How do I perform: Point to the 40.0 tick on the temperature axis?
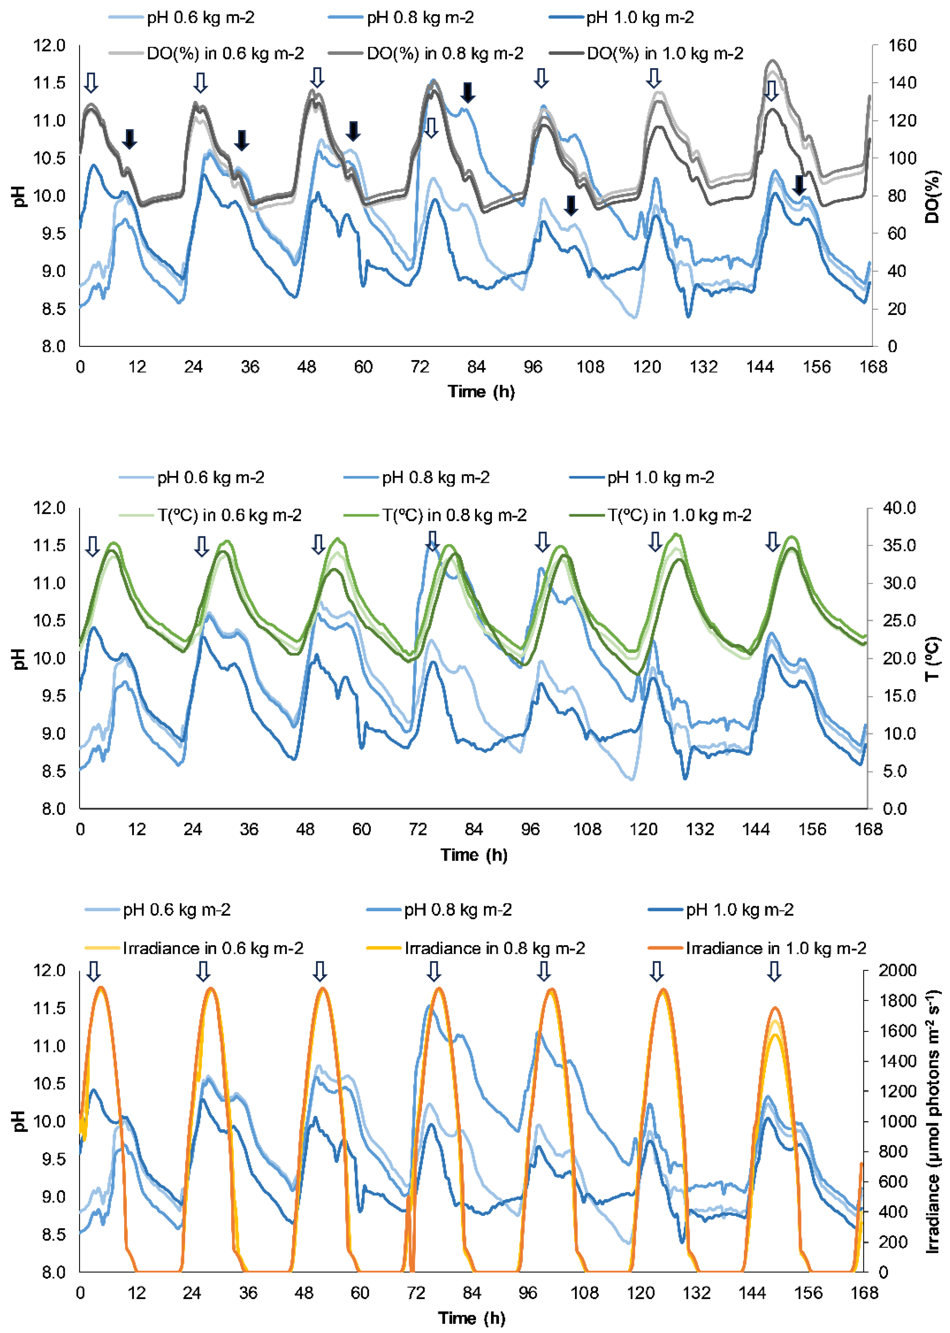click(x=899, y=508)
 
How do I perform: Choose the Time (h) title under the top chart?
click(x=481, y=392)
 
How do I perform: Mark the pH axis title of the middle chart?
click(x=20, y=659)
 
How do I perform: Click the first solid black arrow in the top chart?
click(x=129, y=139)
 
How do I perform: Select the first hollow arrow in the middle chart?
click(x=92, y=546)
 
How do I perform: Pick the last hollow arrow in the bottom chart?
click(x=774, y=972)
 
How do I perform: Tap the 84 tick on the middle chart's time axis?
click(x=474, y=829)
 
